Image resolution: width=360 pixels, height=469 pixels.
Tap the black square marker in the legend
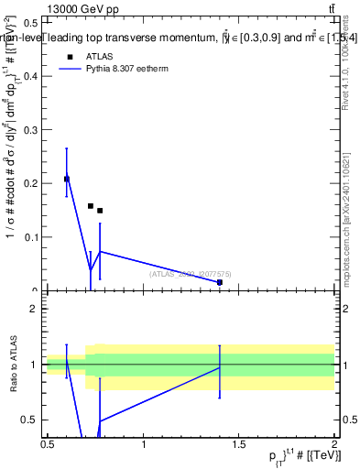[x=69, y=56]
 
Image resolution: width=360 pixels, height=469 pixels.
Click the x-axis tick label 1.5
[x=239, y=444]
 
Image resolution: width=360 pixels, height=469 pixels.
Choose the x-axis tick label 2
[x=334, y=444]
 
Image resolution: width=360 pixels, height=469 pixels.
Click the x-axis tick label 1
[x=144, y=444]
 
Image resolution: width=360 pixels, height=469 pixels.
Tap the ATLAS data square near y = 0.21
[x=67, y=179]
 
